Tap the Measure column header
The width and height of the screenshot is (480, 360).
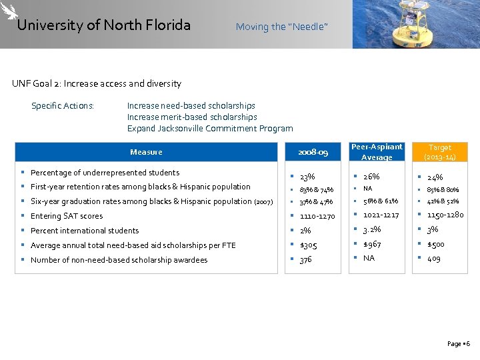[146, 152]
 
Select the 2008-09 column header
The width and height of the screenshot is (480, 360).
[313, 153]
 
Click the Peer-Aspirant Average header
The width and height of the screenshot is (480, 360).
[377, 152]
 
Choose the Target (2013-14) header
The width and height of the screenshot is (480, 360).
[440, 152]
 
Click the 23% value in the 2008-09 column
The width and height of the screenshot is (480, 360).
[307, 177]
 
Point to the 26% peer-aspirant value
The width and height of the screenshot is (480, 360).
[371, 177]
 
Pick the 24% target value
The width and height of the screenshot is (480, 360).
[435, 177]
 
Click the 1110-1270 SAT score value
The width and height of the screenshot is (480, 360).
[317, 216]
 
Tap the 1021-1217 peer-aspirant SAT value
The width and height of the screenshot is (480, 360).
[381, 215]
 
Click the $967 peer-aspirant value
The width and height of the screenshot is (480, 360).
[373, 244]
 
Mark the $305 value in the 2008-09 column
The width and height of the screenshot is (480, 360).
[309, 245]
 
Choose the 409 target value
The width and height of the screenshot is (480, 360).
[433, 258]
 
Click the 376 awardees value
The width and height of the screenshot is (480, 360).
[306, 259]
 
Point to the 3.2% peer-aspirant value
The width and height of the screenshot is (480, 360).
[372, 229]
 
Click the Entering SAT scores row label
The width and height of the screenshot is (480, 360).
[67, 216]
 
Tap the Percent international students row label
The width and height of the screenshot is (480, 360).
[85, 231]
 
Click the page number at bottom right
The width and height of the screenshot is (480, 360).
[459, 344]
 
